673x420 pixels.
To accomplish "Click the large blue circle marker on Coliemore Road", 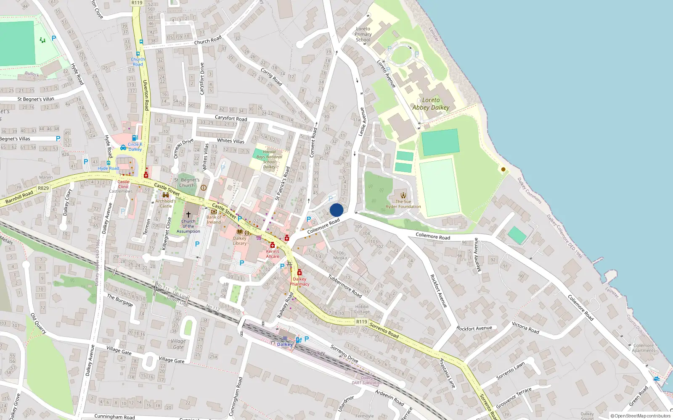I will pyautogui.click(x=336, y=210).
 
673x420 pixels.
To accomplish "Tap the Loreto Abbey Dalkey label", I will pyautogui.click(x=431, y=104).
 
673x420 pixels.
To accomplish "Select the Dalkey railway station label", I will pyautogui.click(x=285, y=344).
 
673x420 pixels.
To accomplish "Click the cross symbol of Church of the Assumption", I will pyautogui.click(x=188, y=215).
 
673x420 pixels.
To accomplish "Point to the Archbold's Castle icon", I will pyautogui.click(x=166, y=195).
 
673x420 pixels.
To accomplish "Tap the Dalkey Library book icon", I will pyautogui.click(x=240, y=232).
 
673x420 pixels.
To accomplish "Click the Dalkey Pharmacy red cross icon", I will pyautogui.click(x=299, y=273).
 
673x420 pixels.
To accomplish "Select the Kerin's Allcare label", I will pyautogui.click(x=273, y=254).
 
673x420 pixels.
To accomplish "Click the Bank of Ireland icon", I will pyautogui.click(x=214, y=212).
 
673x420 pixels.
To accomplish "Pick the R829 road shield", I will pyautogui.click(x=43, y=188).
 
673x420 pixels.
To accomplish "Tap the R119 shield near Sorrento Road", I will pyautogui.click(x=361, y=322).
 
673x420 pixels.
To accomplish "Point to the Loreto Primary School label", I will pyautogui.click(x=363, y=34).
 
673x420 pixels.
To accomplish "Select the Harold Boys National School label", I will pyautogui.click(x=269, y=159).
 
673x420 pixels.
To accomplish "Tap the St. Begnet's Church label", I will pyautogui.click(x=187, y=183).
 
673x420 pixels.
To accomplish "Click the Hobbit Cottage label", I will pyautogui.click(x=362, y=309).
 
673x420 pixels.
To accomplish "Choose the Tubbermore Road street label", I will pyautogui.click(x=345, y=286).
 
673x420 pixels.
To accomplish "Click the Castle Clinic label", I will pyautogui.click(x=124, y=184).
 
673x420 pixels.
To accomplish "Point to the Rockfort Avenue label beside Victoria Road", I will pyautogui.click(x=474, y=328).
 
